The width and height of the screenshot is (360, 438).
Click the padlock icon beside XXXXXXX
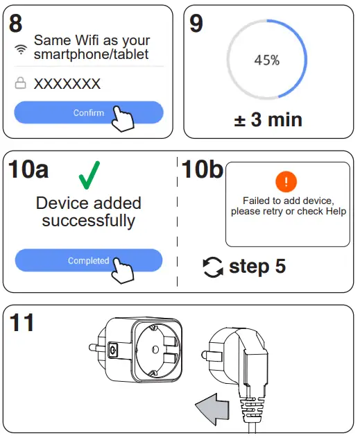coord(21,84)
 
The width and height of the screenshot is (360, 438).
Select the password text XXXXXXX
coord(67,84)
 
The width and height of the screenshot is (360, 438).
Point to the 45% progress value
coord(266,60)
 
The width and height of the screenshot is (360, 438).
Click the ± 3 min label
coord(268,119)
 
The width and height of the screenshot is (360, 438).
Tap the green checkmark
coord(88,176)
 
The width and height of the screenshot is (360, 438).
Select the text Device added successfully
coord(88,212)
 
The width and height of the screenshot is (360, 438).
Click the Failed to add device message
coord(288,206)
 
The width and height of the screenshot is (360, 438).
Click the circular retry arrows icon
coord(213,267)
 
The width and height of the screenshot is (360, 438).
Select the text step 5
coord(257,267)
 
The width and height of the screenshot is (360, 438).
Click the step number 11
coord(23,323)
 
